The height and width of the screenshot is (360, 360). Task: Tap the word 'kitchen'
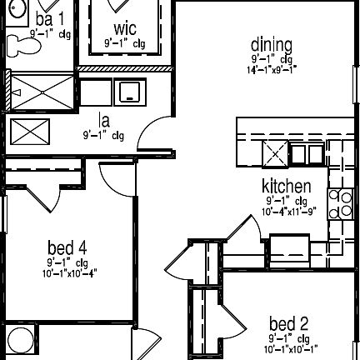tap(287, 187)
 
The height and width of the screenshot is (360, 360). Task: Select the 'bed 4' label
tap(67, 247)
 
